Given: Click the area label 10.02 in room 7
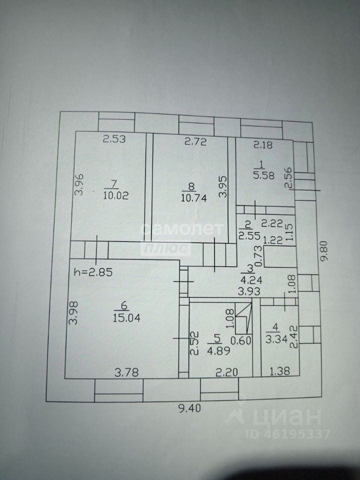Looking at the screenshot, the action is (115, 195).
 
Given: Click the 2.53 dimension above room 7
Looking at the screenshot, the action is (114, 140).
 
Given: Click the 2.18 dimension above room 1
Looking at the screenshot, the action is (263, 145).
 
